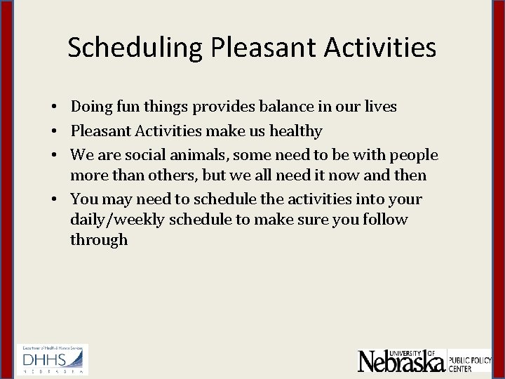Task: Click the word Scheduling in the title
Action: (135, 48)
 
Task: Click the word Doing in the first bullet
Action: (89, 107)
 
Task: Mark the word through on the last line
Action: (99, 240)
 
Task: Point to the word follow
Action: (383, 220)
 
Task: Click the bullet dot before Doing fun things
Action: (53, 107)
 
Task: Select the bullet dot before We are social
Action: (53, 155)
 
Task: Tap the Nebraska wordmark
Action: (401, 361)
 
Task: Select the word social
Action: (140, 154)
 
